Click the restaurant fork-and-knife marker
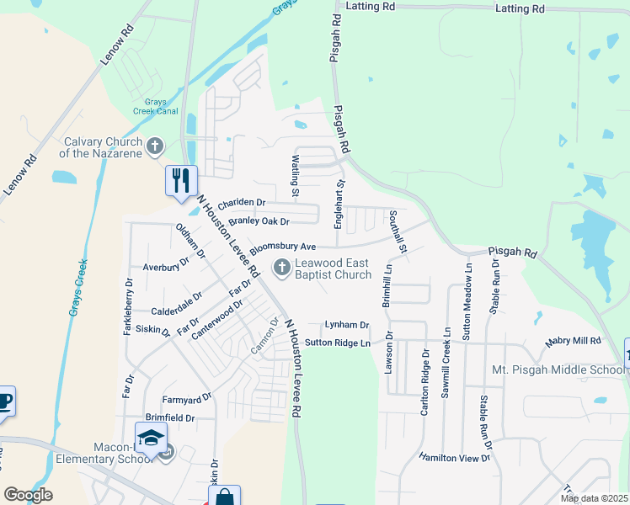click(181, 180)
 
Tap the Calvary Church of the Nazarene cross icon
click(154, 147)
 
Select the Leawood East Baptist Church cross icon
click(281, 268)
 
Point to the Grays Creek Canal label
click(155, 107)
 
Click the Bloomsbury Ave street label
click(281, 247)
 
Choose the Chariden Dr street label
click(241, 203)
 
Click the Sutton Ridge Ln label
click(337, 343)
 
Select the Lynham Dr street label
click(347, 325)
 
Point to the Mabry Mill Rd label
click(573, 341)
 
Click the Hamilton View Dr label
click(454, 457)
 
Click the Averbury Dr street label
click(165, 267)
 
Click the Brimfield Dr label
click(169, 417)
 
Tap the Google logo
click(28, 495)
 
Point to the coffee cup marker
click(4, 401)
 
